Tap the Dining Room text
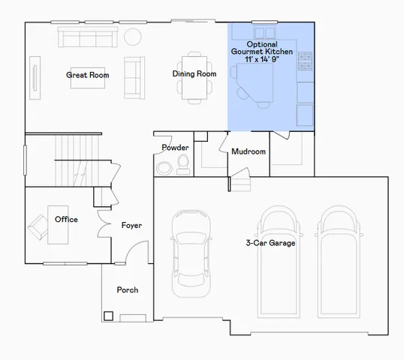pos(194,74)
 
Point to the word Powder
pos(175,148)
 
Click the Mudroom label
pos(249,151)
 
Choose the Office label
pos(66,220)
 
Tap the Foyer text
pos(131,226)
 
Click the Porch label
pos(127,290)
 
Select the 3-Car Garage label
pos(270,243)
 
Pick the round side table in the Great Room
pos(133,36)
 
